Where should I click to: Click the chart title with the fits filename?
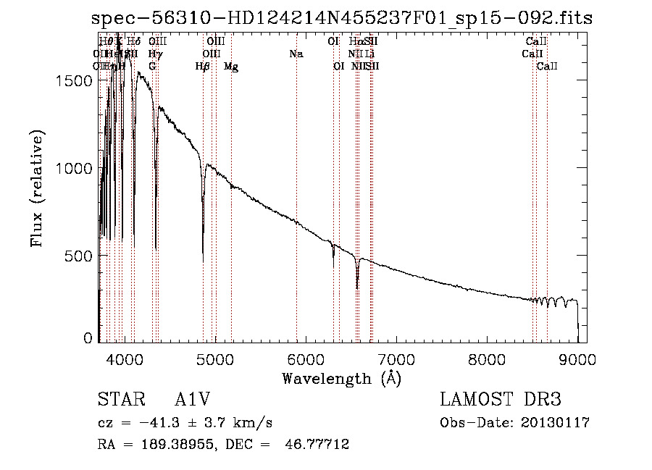pyautogui.click(x=337, y=18)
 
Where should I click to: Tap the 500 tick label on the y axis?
pyautogui.click(x=79, y=256)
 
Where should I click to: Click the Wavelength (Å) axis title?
pyautogui.click(x=341, y=378)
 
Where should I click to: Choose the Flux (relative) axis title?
pyautogui.click(x=37, y=189)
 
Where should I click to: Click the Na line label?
pyautogui.click(x=296, y=54)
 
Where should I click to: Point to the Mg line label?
pyautogui.click(x=231, y=67)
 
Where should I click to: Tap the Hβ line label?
pyautogui.click(x=203, y=67)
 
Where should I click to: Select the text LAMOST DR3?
pyautogui.click(x=501, y=400)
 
